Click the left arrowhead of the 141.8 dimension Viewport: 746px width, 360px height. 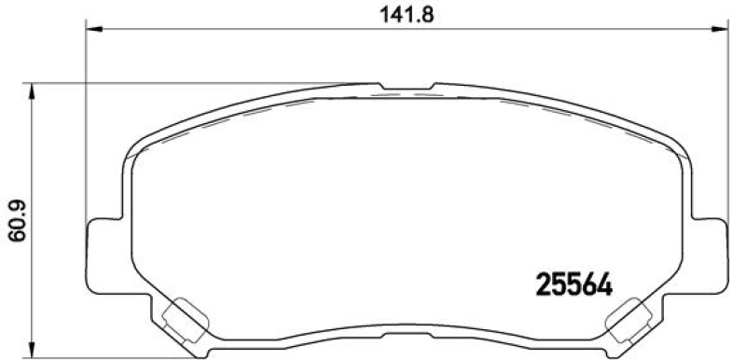click(93, 30)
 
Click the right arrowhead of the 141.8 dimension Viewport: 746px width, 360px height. click(720, 30)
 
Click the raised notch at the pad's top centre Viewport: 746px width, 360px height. click(407, 89)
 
